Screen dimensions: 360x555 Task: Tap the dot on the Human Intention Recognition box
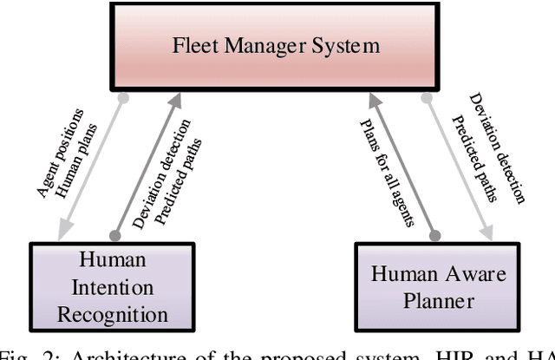pyautogui.click(x=113, y=235)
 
